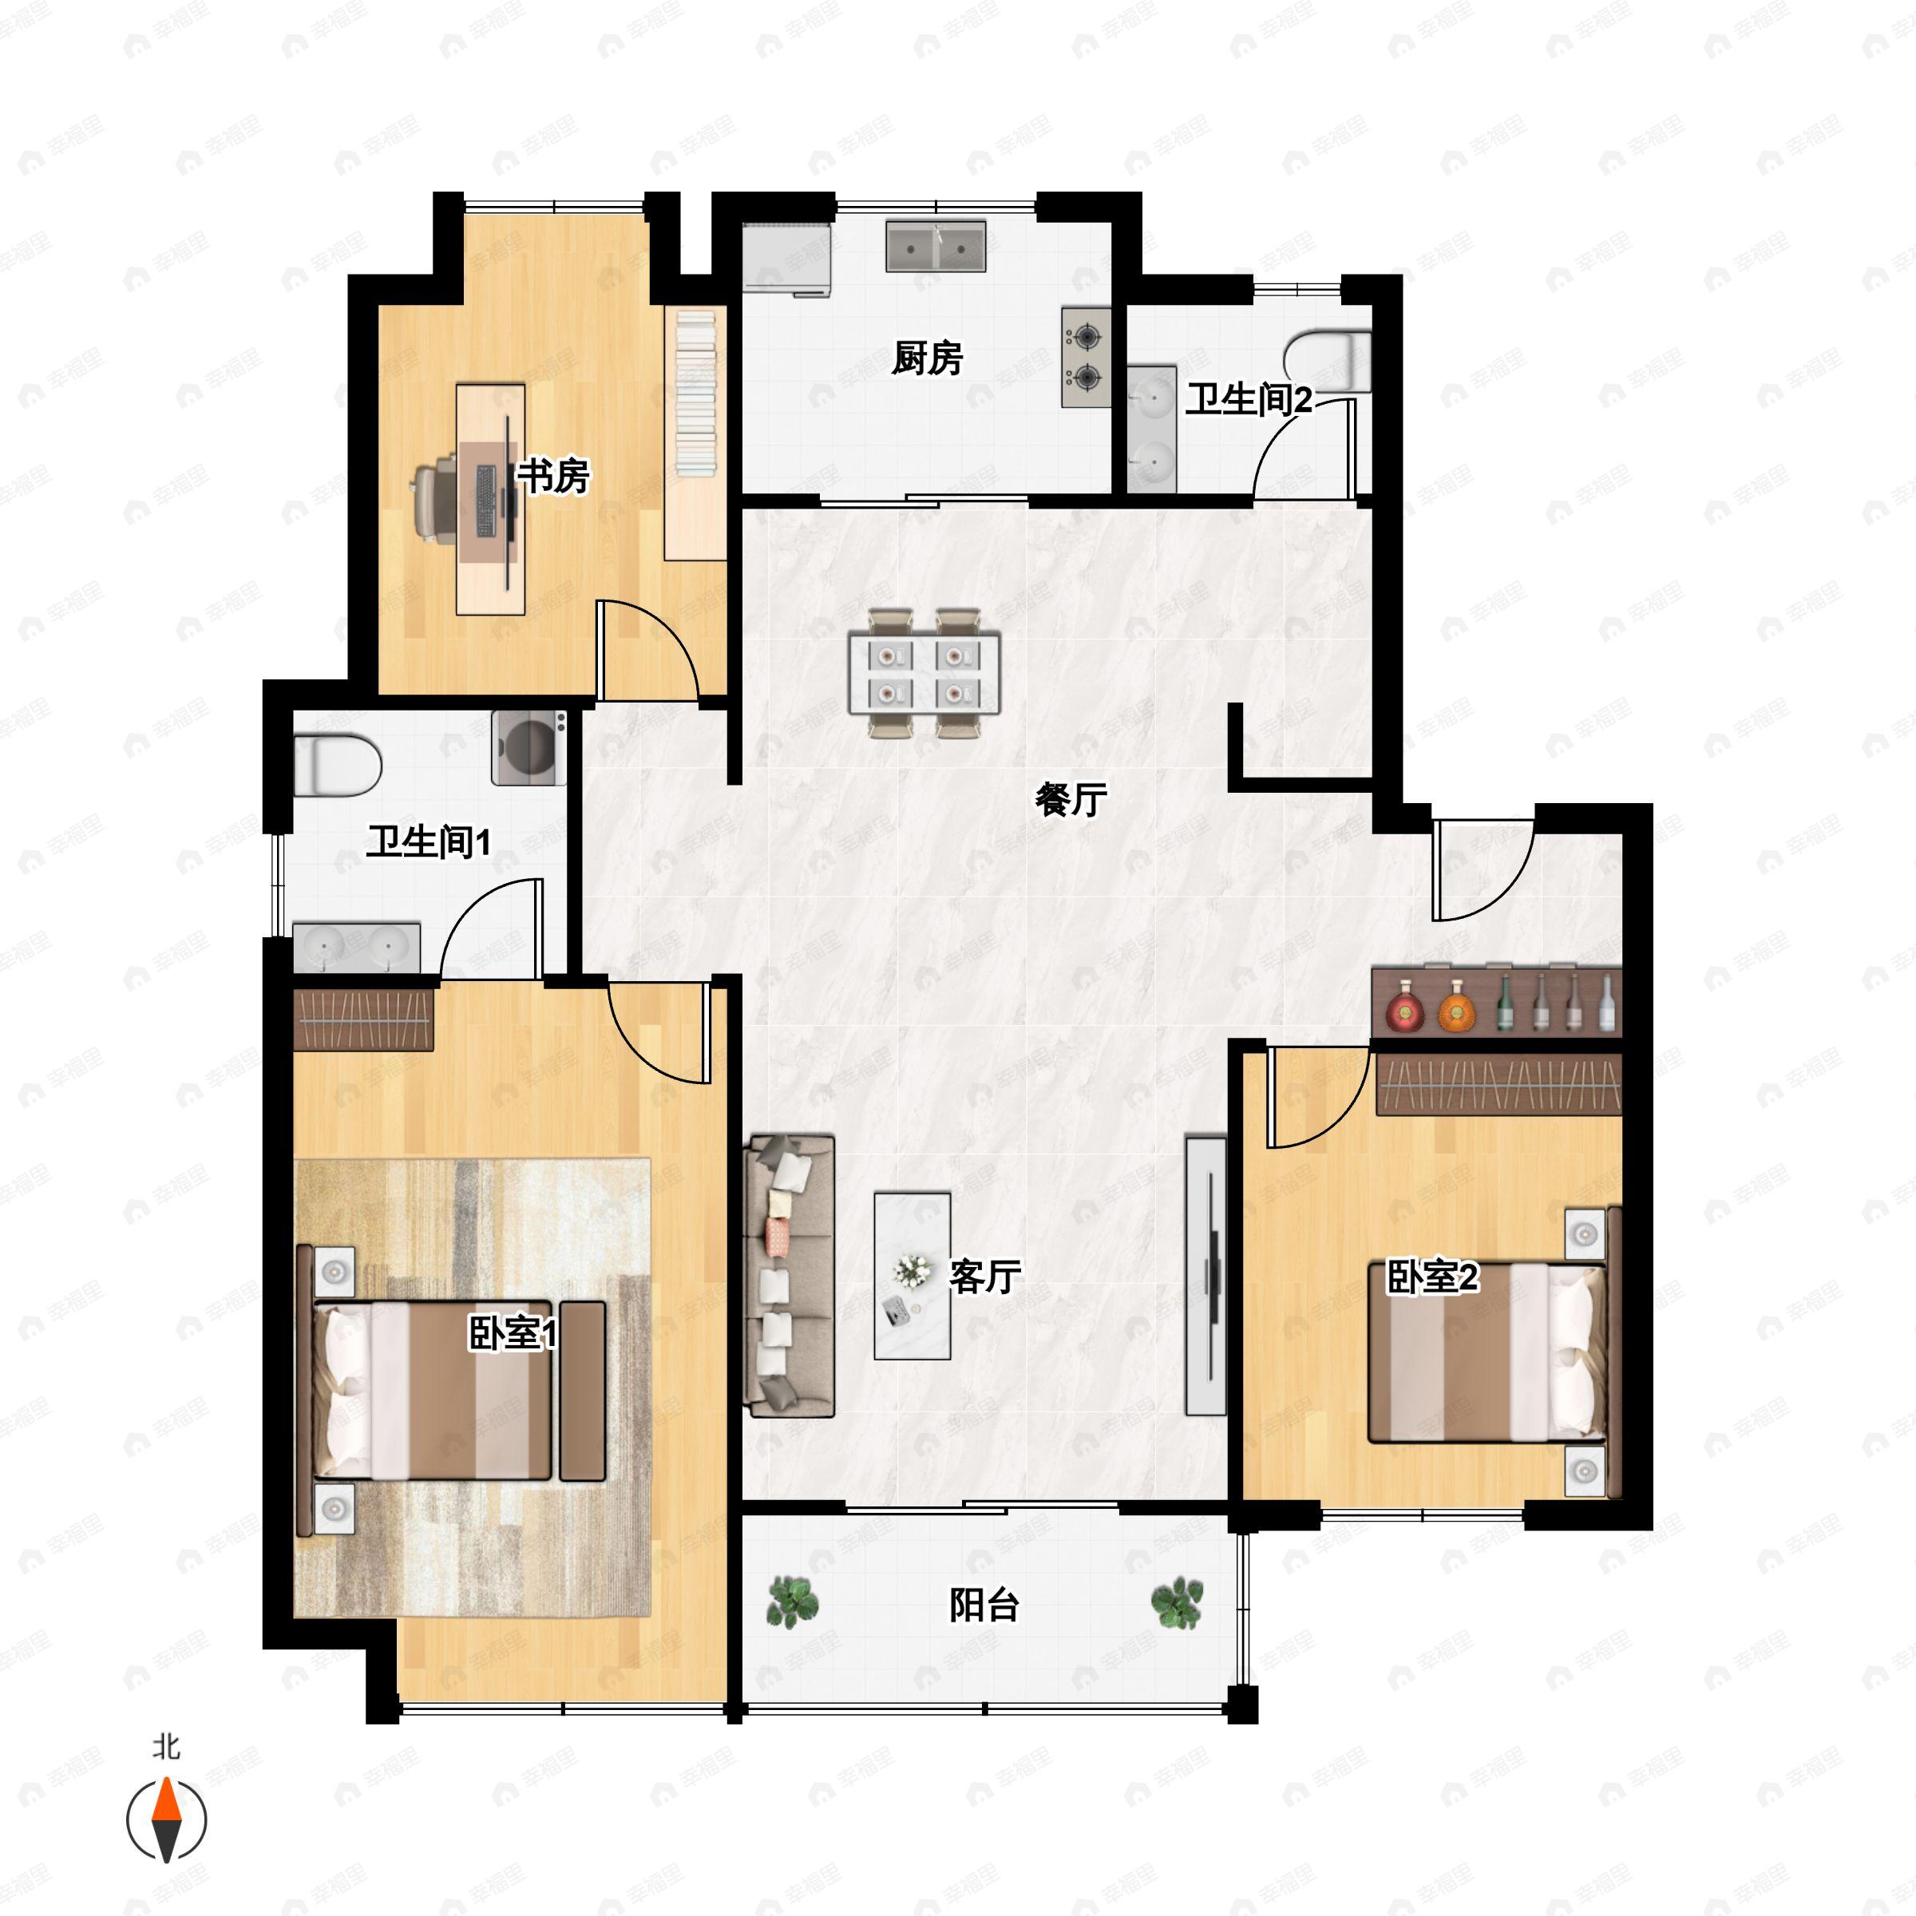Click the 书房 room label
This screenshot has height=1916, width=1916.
(x=553, y=476)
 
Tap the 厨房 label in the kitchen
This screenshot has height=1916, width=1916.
(x=927, y=358)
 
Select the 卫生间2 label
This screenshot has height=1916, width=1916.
(x=1249, y=400)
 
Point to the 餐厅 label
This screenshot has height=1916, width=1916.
(x=1071, y=799)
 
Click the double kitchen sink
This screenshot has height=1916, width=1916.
(x=935, y=246)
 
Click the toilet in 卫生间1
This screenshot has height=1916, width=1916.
(x=337, y=765)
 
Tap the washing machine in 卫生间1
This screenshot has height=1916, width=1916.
(x=529, y=748)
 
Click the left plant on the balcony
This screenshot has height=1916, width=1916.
(x=793, y=1601)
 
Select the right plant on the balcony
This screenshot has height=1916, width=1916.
(x=1178, y=1601)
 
